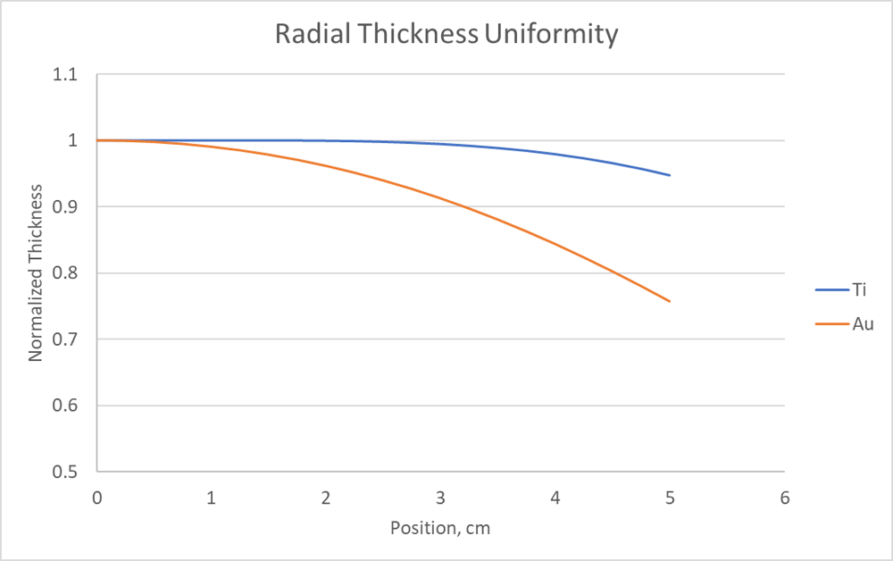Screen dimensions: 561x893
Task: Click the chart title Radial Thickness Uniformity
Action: tap(446, 35)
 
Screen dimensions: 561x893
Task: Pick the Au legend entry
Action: tap(863, 323)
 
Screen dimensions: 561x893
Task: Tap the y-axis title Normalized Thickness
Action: tap(36, 273)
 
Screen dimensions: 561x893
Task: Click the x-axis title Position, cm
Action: tap(440, 528)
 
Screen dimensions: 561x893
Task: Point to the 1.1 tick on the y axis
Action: tap(63, 75)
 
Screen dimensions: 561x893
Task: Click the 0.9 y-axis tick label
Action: tap(63, 207)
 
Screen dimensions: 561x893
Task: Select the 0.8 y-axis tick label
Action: tap(63, 273)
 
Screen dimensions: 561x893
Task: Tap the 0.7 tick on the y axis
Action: tap(63, 339)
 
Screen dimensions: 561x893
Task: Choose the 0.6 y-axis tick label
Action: tap(63, 406)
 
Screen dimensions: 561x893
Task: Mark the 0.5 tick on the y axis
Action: tap(63, 472)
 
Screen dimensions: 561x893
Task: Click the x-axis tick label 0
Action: tap(97, 497)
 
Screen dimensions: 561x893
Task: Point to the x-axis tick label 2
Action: tap(327, 497)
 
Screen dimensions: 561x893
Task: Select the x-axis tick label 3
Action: tap(441, 497)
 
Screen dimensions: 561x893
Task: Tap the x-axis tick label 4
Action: tap(555, 497)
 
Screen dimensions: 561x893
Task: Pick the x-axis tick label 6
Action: tap(785, 497)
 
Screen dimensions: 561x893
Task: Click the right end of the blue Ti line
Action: tap(670, 175)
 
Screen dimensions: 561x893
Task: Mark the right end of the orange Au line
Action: tap(670, 301)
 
